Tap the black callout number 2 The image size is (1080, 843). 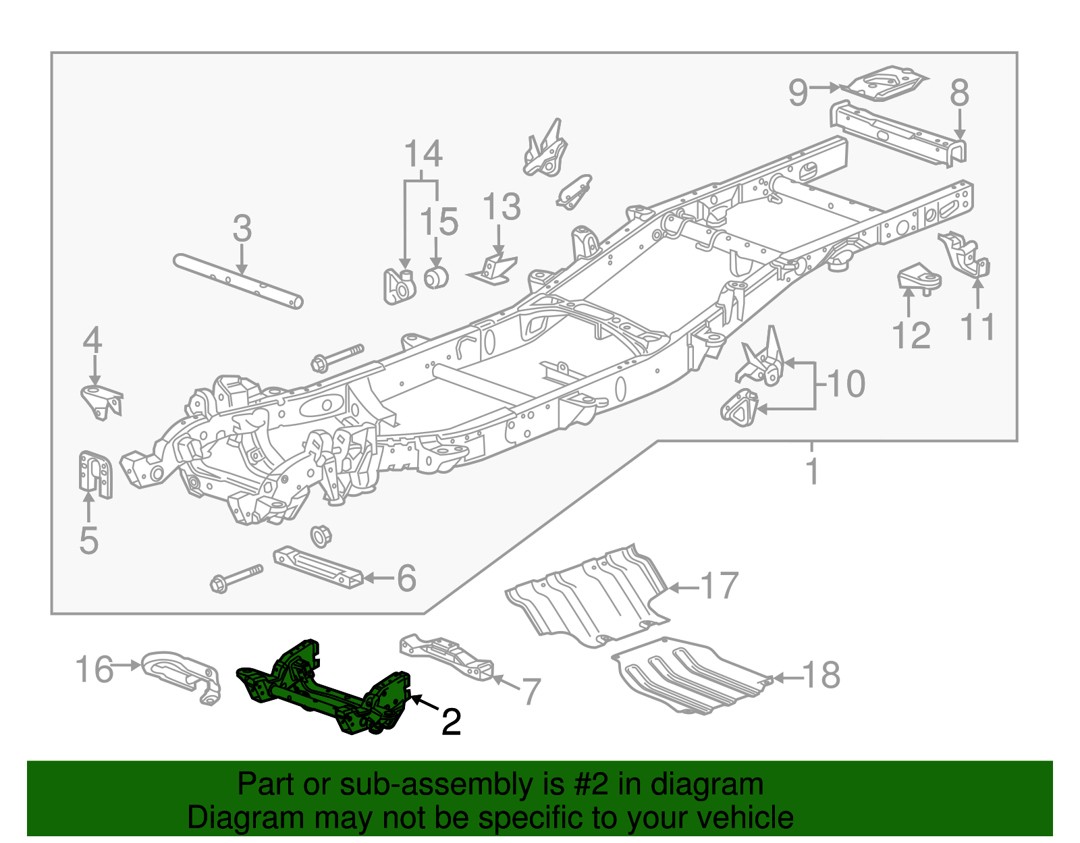(x=451, y=723)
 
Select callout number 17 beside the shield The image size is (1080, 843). (x=720, y=586)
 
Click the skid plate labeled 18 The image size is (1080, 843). (x=688, y=675)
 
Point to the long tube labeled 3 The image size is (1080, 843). (x=236, y=281)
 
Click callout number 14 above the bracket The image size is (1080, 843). (x=423, y=154)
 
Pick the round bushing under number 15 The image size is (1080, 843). (x=436, y=277)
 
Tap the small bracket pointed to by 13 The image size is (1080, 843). (x=494, y=269)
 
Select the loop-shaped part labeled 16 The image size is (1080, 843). (x=182, y=675)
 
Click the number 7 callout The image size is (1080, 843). (x=531, y=692)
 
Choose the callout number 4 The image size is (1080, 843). (x=92, y=340)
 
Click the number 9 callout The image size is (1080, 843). (x=798, y=92)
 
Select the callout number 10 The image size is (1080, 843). (x=846, y=383)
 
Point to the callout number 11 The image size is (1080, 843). (x=977, y=327)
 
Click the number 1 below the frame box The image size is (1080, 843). (x=813, y=470)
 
